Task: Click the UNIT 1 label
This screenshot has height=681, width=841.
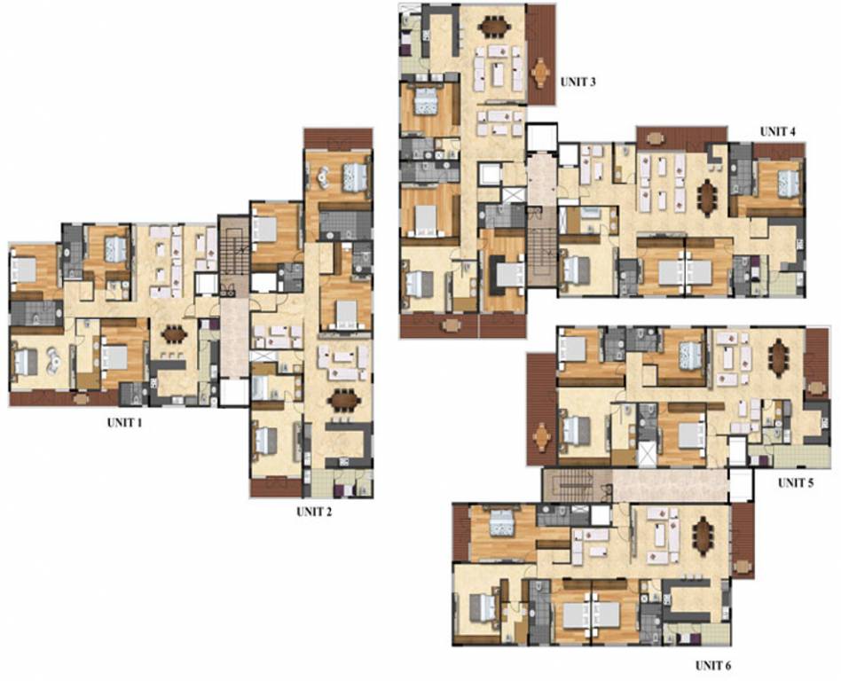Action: pyautogui.click(x=124, y=423)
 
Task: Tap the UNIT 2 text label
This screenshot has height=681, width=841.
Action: pyautogui.click(x=314, y=512)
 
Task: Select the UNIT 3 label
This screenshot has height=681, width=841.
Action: pyautogui.click(x=578, y=82)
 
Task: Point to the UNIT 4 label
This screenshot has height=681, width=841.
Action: pyautogui.click(x=777, y=131)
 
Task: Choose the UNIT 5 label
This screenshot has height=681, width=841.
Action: pyautogui.click(x=796, y=483)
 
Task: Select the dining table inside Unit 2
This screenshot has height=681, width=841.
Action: pyautogui.click(x=344, y=400)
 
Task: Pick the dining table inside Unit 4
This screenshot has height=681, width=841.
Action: pyautogui.click(x=706, y=197)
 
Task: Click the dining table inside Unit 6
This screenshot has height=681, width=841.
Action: pyautogui.click(x=704, y=535)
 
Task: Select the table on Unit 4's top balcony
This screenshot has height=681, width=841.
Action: pyautogui.click(x=656, y=138)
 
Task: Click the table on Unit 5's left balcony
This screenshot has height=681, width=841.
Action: pyautogui.click(x=540, y=436)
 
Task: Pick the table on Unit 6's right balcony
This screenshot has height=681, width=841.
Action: pyautogui.click(x=742, y=565)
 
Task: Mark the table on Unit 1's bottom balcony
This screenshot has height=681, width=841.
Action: pyautogui.click(x=82, y=399)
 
